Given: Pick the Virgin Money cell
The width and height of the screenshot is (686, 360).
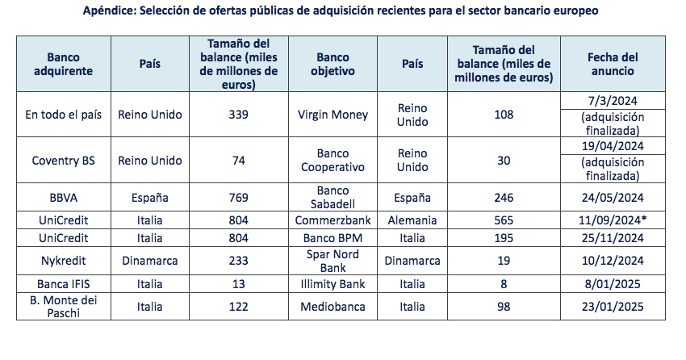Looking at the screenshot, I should pyautogui.click(x=333, y=115).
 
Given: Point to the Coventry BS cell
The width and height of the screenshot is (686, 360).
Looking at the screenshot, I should pyautogui.click(x=65, y=161).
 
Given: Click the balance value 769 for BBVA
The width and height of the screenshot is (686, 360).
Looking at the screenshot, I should pyautogui.click(x=238, y=197).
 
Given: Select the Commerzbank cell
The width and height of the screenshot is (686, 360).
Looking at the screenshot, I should pyautogui.click(x=333, y=220).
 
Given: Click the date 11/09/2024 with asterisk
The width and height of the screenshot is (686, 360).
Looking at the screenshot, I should pyautogui.click(x=615, y=220).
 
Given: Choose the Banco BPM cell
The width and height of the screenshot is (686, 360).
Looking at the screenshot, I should pyautogui.click(x=333, y=238).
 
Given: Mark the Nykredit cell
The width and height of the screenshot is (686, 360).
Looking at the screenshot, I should pyautogui.click(x=65, y=262).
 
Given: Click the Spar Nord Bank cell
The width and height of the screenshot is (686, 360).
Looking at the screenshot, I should pyautogui.click(x=333, y=262).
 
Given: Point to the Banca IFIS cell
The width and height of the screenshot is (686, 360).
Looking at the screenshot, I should pyautogui.click(x=65, y=284).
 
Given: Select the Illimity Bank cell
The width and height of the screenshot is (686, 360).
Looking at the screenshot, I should pyautogui.click(x=333, y=284).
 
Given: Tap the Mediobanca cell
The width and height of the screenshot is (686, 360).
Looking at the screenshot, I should pyautogui.click(x=333, y=307).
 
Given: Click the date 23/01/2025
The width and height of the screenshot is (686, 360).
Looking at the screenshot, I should pyautogui.click(x=614, y=307).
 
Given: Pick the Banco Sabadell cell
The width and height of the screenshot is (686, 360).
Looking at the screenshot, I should pyautogui.click(x=333, y=197).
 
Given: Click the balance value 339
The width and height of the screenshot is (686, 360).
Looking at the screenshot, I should pyautogui.click(x=238, y=115).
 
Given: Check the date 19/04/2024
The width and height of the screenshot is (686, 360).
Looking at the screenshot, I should pyautogui.click(x=614, y=147).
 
